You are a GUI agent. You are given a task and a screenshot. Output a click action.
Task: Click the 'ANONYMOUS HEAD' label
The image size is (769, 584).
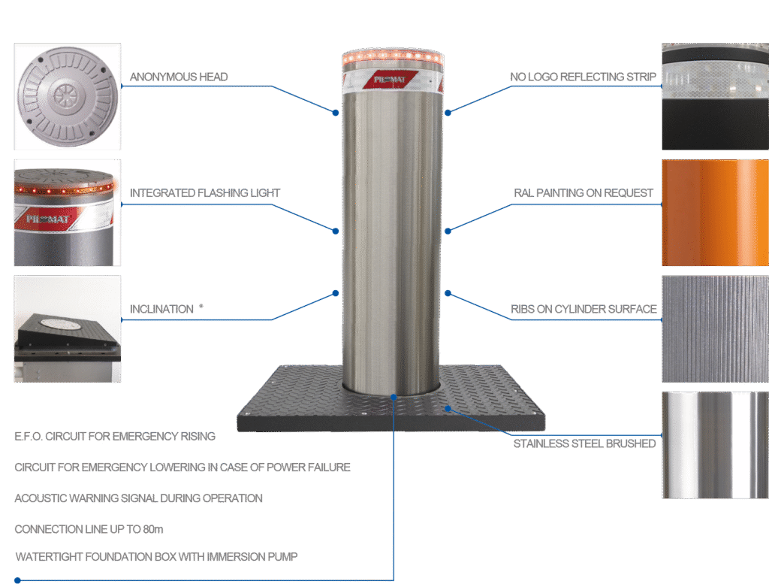point(179,77)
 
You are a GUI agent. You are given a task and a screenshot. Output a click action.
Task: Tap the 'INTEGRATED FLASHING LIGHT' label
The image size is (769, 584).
point(205,193)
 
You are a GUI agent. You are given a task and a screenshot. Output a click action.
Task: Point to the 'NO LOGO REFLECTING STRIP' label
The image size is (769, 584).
point(583,77)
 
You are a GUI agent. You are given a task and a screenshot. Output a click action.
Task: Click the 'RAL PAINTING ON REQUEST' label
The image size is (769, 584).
point(584,193)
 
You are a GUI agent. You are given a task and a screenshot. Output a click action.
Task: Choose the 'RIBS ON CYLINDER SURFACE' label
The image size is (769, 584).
point(584,309)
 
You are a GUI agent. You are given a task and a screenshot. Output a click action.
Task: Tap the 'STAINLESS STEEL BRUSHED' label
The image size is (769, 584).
point(585,443)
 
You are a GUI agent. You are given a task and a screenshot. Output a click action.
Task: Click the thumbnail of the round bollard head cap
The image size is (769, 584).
point(67,96)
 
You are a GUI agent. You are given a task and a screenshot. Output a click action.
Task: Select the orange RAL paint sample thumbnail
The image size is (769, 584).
point(715,213)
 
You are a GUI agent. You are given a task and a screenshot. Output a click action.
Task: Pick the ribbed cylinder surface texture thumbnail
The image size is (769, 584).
point(715,328)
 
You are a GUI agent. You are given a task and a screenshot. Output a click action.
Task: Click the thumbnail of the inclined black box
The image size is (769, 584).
point(67,328)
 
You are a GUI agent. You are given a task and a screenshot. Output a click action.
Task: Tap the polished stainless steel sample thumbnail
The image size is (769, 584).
point(715,445)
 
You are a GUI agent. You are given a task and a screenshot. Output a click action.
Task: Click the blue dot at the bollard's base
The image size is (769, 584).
point(394,393)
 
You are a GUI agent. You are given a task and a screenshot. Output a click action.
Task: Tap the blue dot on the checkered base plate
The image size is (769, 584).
point(448,408)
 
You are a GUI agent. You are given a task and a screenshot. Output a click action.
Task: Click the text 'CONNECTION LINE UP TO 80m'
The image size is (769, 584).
point(88,529)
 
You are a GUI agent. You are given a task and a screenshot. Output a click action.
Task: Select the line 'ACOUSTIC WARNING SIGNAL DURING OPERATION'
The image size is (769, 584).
point(138,498)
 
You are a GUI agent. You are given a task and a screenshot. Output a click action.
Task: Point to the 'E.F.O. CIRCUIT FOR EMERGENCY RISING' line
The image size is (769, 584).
point(115,436)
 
